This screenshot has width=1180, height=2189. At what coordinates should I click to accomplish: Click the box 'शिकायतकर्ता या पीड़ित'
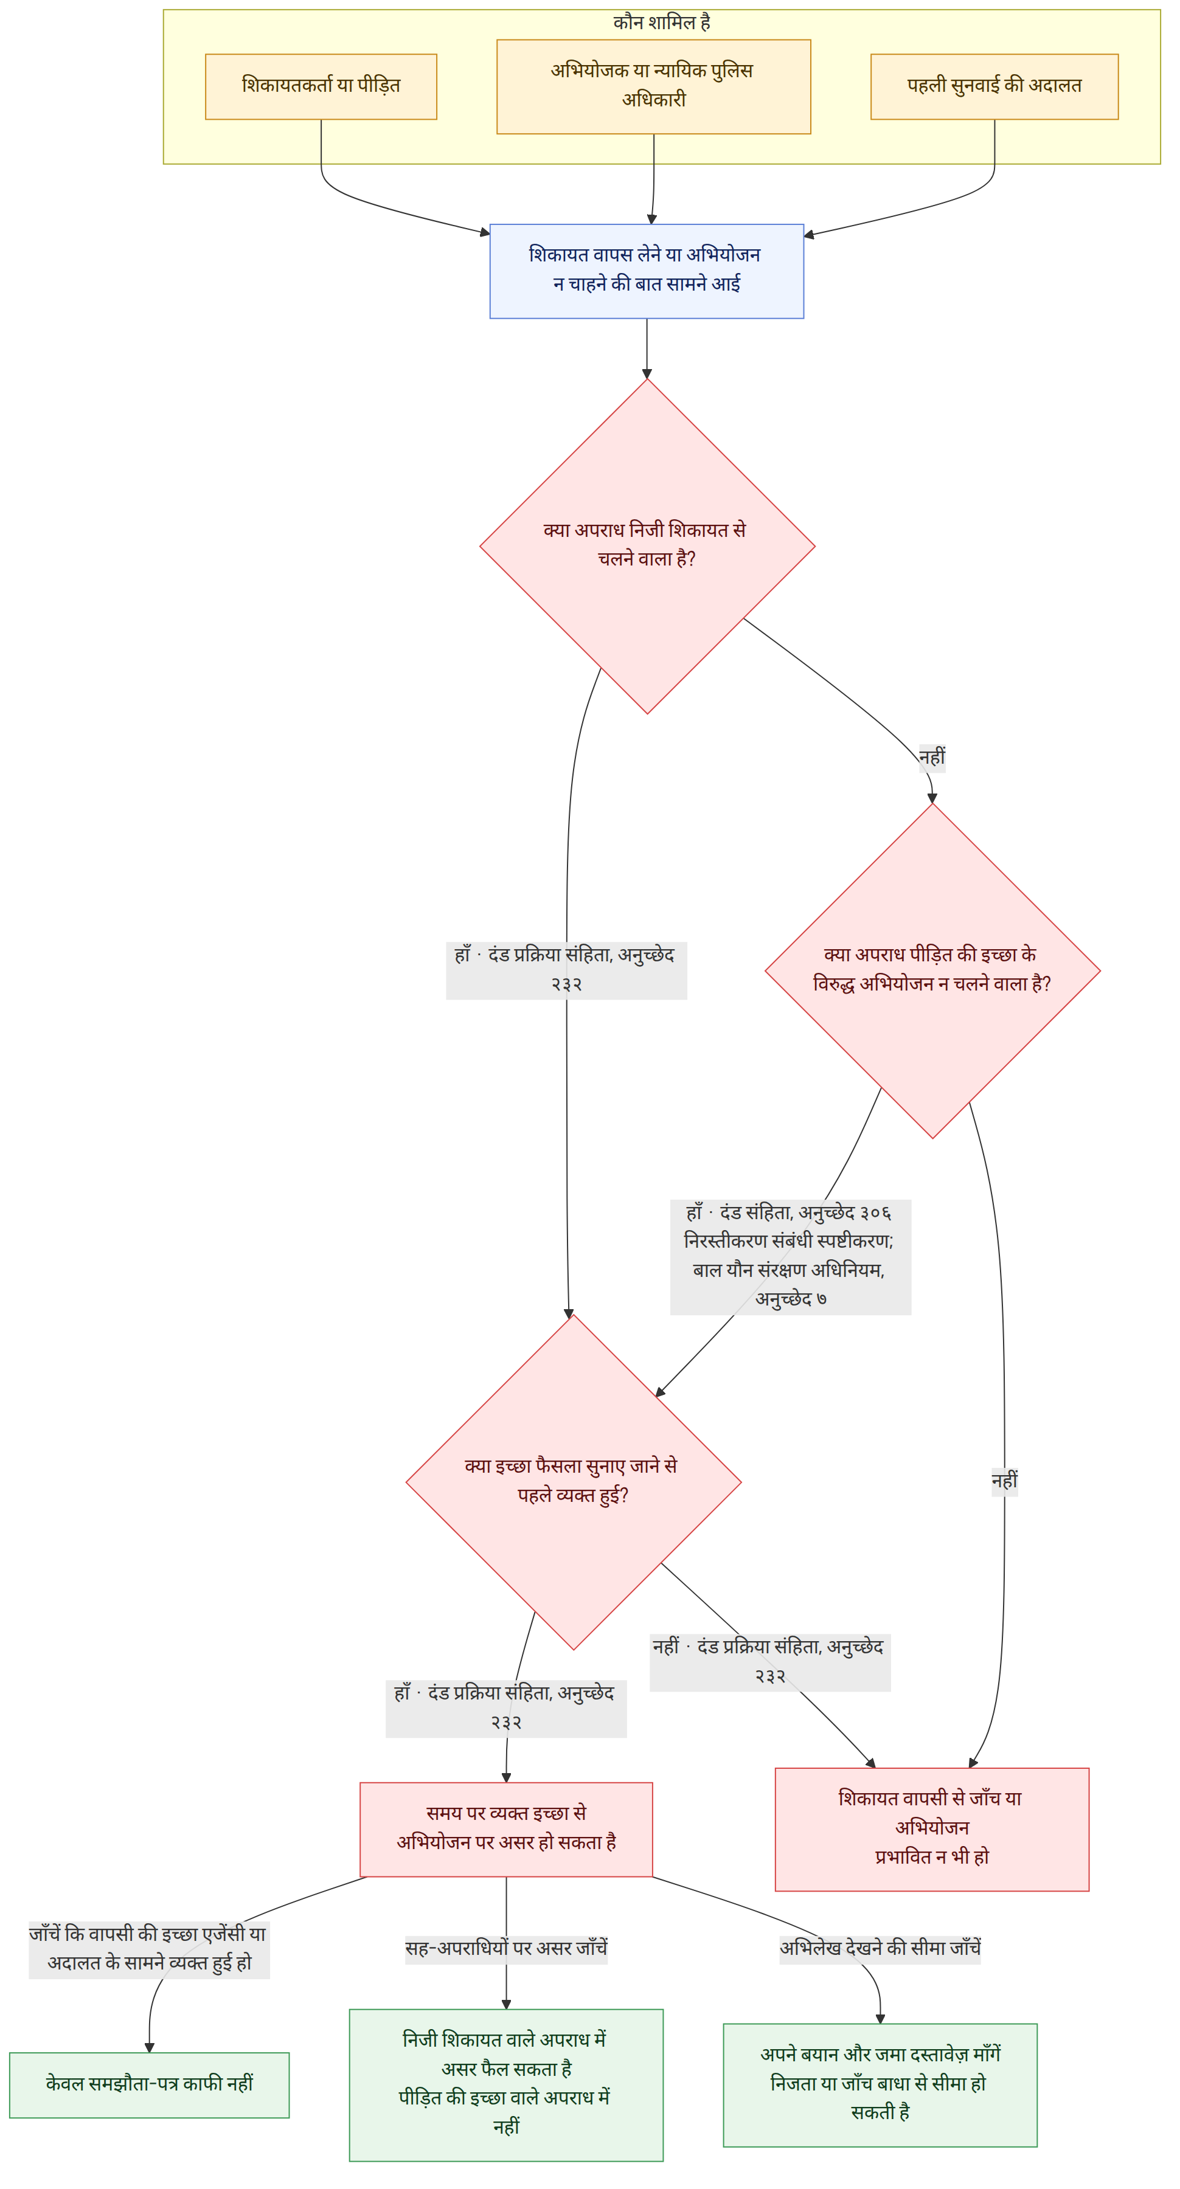tap(321, 87)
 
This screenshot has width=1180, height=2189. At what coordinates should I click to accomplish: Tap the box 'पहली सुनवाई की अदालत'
tap(994, 87)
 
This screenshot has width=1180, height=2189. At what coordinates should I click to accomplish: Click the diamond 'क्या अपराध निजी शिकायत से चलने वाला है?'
tap(647, 545)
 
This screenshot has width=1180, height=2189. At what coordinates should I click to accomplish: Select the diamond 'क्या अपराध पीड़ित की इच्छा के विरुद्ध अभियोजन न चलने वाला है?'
tap(932, 970)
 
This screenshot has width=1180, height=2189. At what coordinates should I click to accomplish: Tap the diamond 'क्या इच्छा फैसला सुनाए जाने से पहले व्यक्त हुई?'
tap(573, 1482)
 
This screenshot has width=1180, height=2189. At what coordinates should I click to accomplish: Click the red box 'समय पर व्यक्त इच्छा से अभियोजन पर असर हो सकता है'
tap(506, 1828)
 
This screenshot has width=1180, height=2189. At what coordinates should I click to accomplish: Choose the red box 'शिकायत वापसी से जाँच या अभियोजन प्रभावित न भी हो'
tap(932, 1828)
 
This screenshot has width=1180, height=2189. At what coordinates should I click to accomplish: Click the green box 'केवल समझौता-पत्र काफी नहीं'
tap(150, 2084)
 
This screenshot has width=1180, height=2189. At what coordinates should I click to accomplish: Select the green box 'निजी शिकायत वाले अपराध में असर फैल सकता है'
tap(506, 2084)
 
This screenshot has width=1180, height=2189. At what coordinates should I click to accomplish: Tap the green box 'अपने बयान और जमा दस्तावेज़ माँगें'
tap(880, 2084)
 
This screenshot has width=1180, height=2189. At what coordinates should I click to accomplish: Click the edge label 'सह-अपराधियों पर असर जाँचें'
tap(506, 1948)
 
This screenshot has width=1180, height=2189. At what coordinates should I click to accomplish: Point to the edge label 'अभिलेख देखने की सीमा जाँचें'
tap(880, 1948)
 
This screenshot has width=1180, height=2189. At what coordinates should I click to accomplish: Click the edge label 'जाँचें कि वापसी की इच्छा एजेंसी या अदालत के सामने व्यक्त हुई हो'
tap(149, 1949)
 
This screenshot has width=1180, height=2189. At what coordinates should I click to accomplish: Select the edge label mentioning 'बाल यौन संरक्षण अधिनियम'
tap(791, 1257)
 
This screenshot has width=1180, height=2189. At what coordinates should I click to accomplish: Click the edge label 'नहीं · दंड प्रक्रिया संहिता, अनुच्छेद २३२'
tap(770, 1661)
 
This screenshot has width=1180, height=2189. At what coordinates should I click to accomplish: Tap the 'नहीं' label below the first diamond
tap(932, 757)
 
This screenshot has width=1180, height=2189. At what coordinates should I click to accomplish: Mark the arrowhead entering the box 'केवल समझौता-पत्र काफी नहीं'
tap(150, 2047)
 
